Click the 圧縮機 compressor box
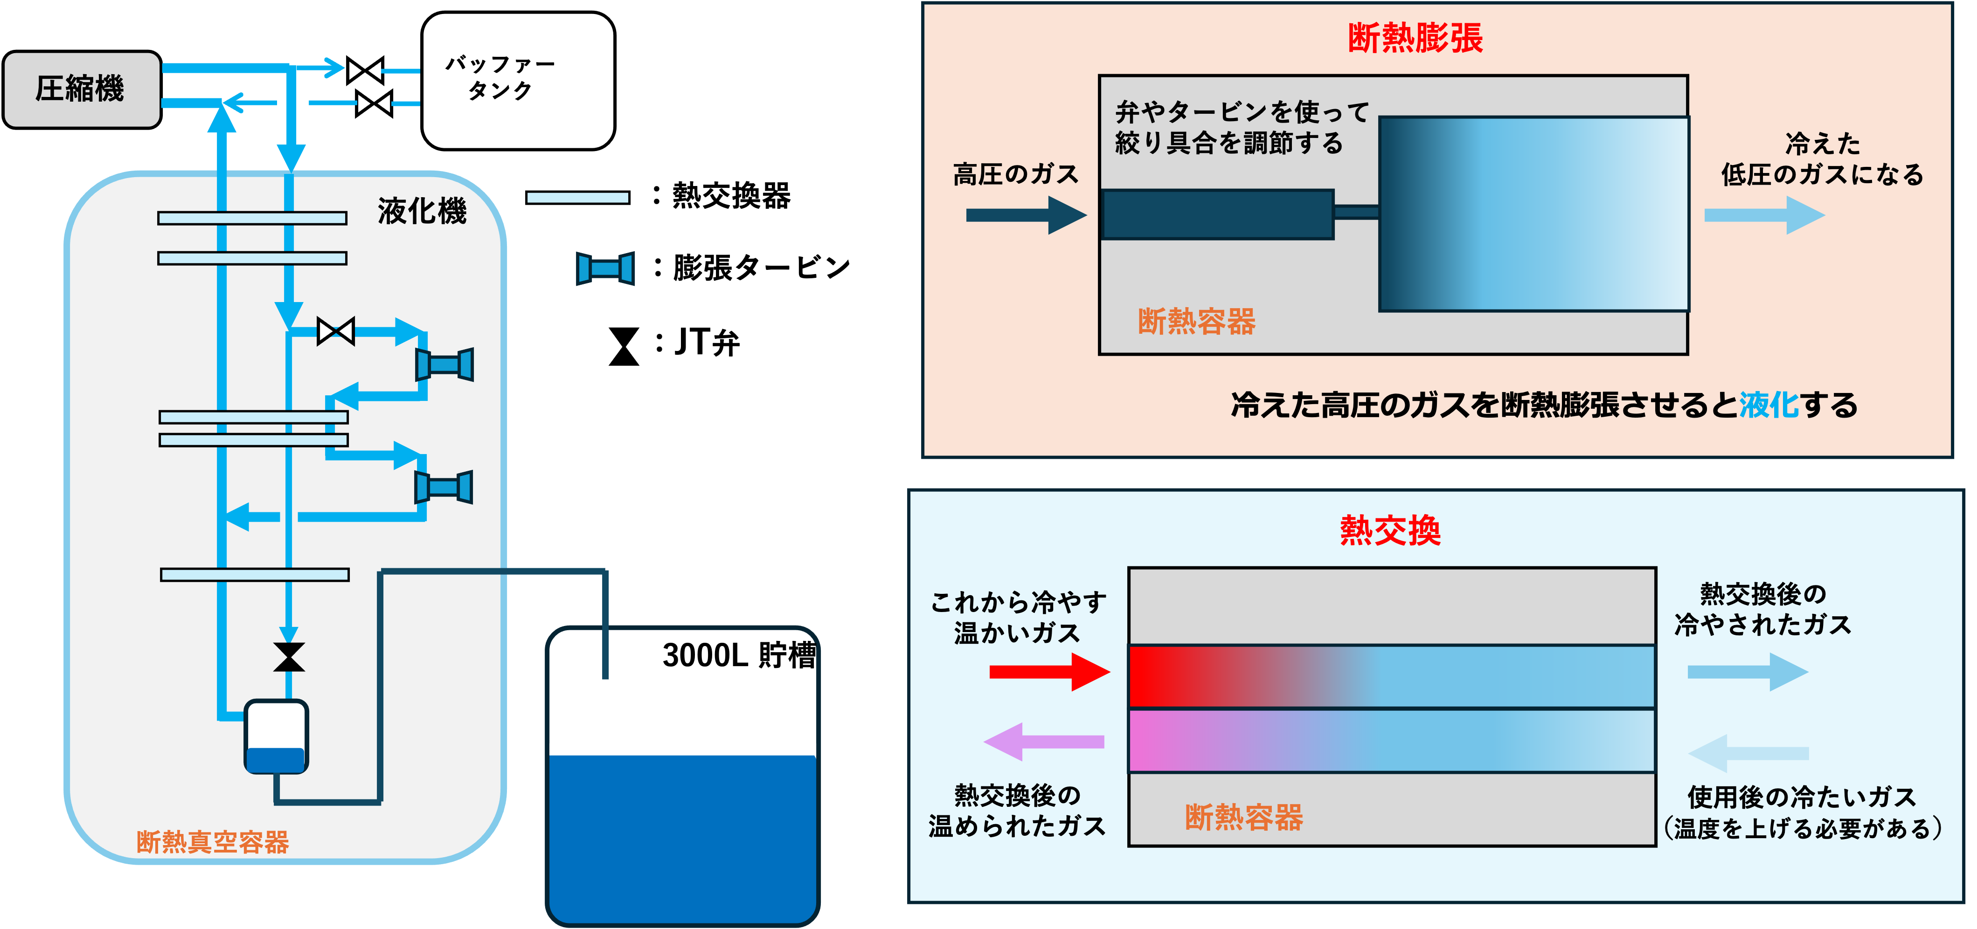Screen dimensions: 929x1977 tap(81, 89)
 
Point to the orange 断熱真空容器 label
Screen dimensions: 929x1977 tap(213, 841)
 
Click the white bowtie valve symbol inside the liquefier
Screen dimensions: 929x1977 tap(335, 331)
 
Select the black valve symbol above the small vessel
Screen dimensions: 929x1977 tap(289, 657)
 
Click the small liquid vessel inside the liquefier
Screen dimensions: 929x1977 tap(276, 736)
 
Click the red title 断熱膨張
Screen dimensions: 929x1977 tap(1415, 38)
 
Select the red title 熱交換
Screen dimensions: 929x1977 tap(1390, 530)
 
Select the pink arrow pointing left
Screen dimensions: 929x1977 tap(1044, 741)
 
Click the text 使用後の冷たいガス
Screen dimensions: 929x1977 tap(1801, 797)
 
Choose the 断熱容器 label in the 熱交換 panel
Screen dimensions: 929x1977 tap(1243, 817)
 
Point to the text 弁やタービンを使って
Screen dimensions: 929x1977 tap(1242, 112)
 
